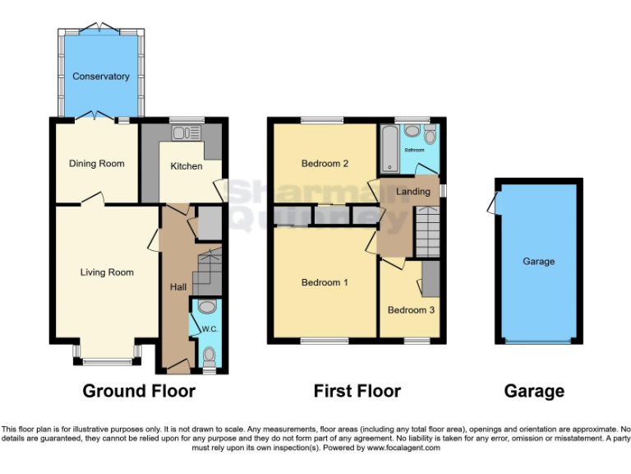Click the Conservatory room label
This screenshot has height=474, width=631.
[x=101, y=77]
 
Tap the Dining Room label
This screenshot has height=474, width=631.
[x=96, y=164]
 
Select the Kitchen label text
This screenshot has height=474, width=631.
[x=187, y=166]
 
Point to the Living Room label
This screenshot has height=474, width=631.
[x=107, y=272]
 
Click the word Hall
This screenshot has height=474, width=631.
[x=178, y=287]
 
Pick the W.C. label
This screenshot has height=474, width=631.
[x=209, y=330]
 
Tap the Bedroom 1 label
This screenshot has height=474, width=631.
[x=325, y=282]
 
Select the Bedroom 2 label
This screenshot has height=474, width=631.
[x=325, y=164]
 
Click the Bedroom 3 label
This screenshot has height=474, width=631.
[x=411, y=310]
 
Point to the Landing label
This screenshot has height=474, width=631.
[x=412, y=192]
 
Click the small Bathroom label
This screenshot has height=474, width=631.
[x=413, y=151]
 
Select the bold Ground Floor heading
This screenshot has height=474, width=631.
[x=139, y=391]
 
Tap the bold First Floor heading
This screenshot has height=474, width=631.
[x=357, y=391]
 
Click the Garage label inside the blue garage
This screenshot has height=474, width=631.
[x=539, y=262]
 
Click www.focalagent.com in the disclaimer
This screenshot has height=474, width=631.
[x=403, y=448]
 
